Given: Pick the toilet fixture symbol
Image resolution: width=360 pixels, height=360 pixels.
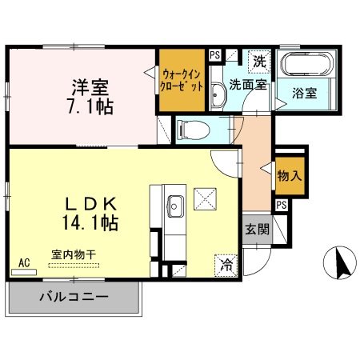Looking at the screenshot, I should [191, 129].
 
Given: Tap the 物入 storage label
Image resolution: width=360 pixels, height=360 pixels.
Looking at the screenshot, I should [290, 176].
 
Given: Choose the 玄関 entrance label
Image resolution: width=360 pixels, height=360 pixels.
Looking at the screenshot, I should [257, 227].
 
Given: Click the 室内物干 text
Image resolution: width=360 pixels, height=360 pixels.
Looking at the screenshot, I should [74, 254].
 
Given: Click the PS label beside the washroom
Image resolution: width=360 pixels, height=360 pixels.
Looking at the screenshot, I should [214, 54].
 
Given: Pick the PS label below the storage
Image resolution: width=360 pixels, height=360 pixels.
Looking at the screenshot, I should [281, 206].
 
